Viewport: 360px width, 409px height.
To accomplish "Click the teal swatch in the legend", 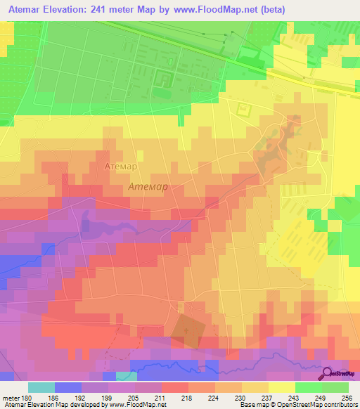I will pos(41,387).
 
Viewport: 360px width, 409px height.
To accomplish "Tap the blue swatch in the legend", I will pos(68,387).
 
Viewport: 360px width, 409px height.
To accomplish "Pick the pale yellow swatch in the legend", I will pos(282,387).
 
